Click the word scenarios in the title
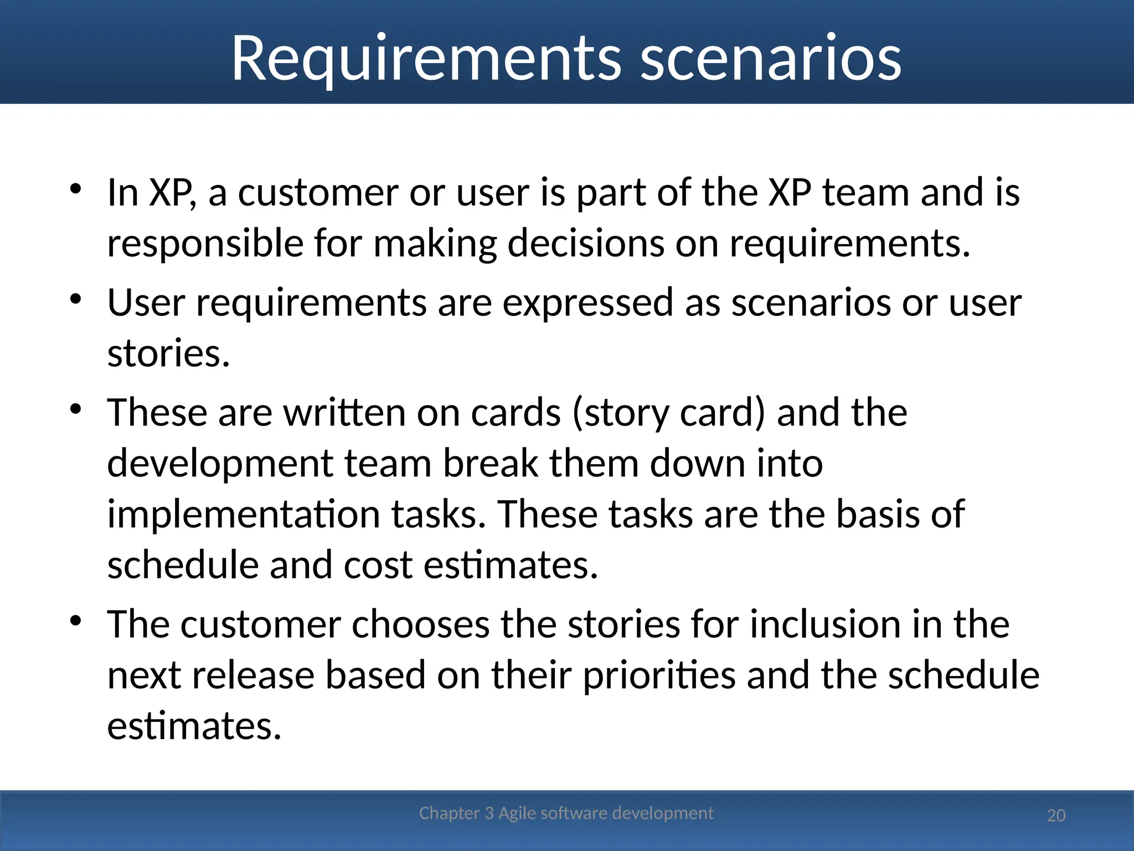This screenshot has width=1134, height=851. [771, 58]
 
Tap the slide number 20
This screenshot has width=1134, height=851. [1056, 816]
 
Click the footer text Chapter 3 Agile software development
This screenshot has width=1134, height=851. [566, 813]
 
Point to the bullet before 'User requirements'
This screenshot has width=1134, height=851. [76, 299]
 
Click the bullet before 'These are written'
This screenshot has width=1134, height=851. [76, 409]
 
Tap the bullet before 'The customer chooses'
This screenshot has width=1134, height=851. [76, 621]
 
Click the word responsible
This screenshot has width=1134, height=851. [205, 244]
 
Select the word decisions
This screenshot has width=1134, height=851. [585, 244]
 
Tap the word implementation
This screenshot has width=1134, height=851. [243, 515]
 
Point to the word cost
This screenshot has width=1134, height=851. [378, 566]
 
